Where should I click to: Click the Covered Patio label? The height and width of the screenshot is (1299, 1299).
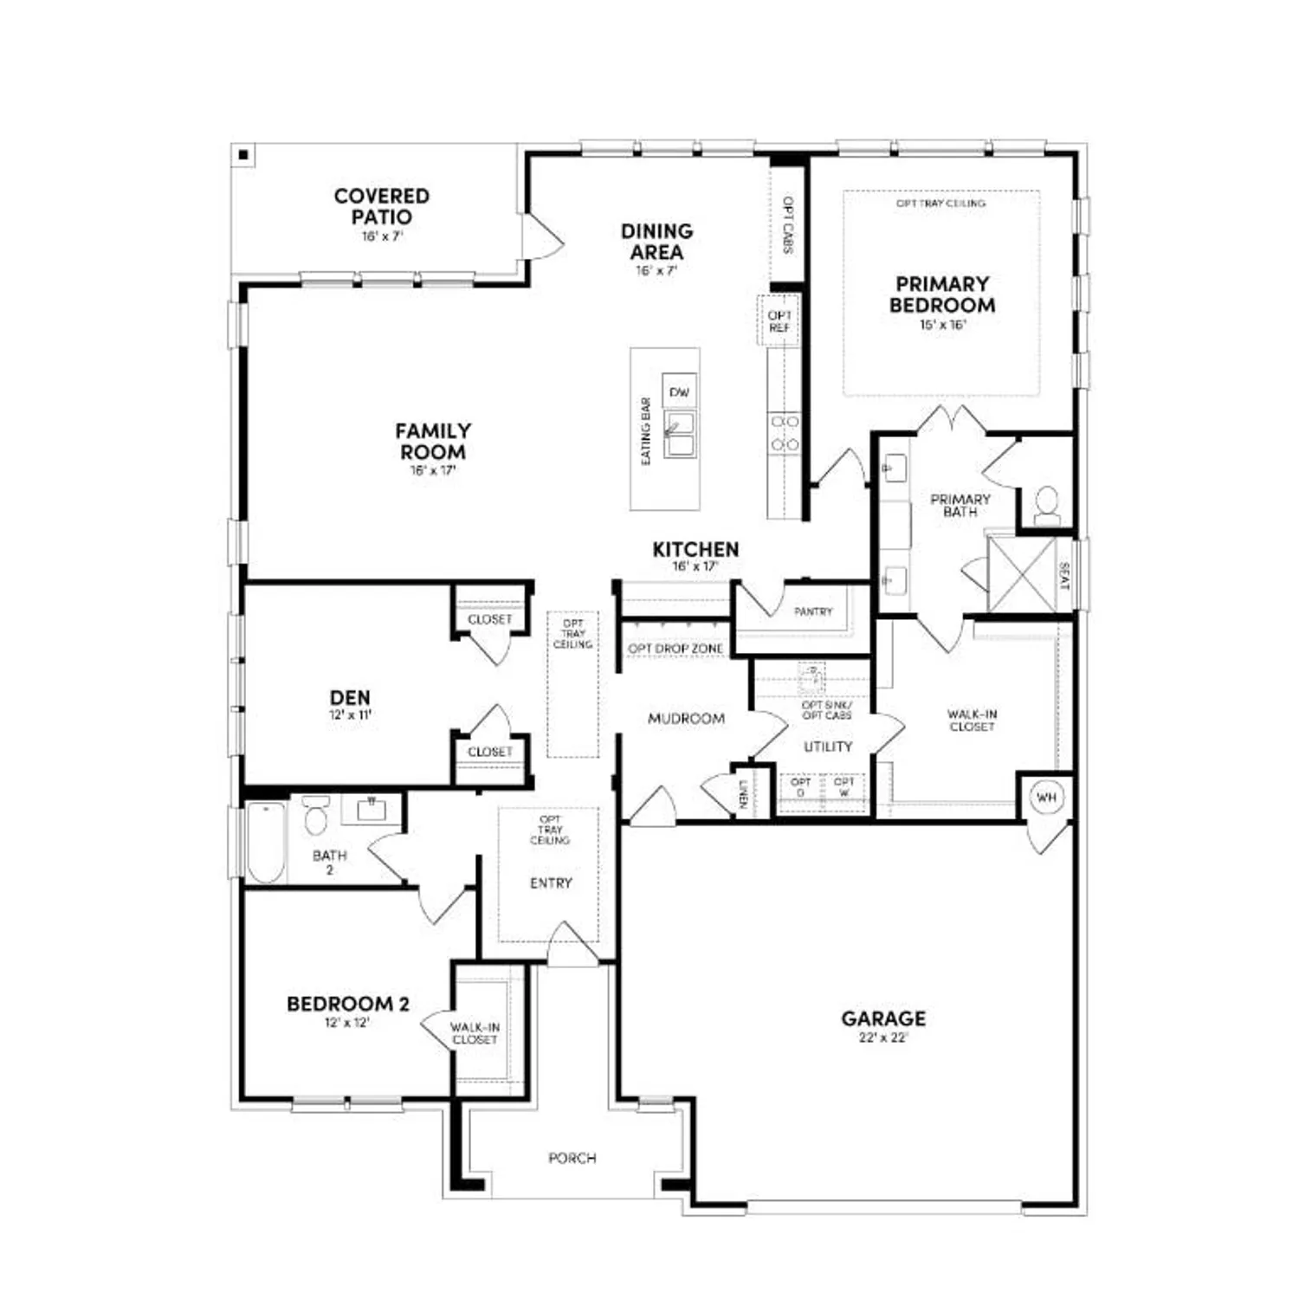(x=381, y=207)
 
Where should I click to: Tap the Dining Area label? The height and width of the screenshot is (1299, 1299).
(x=656, y=242)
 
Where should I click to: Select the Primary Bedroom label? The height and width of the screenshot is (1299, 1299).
(x=941, y=294)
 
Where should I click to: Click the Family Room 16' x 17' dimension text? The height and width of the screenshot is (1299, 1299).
(x=433, y=471)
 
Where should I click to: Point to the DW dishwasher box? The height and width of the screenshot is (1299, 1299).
(x=680, y=392)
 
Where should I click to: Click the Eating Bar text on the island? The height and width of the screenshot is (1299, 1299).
(x=646, y=431)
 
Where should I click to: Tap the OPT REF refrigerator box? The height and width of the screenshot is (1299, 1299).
(x=779, y=321)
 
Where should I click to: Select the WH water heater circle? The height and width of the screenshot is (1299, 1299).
(x=1046, y=798)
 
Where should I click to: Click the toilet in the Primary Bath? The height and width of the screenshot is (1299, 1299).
(x=1047, y=505)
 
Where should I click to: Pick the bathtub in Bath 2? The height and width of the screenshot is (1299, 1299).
(x=266, y=843)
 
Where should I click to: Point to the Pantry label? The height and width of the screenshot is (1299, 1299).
(x=813, y=611)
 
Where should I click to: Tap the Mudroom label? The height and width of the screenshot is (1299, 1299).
(x=686, y=719)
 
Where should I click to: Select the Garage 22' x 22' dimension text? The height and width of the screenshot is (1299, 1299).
(x=883, y=1037)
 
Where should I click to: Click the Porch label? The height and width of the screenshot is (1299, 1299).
(x=572, y=1158)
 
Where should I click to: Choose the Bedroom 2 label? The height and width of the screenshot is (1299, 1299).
(x=347, y=1004)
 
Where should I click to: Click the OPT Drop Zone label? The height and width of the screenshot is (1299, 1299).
(x=675, y=649)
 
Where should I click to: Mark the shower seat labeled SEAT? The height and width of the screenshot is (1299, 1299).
(x=1064, y=576)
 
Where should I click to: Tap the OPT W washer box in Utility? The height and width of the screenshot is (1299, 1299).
(x=843, y=787)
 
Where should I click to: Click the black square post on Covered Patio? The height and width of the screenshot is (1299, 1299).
(x=244, y=155)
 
